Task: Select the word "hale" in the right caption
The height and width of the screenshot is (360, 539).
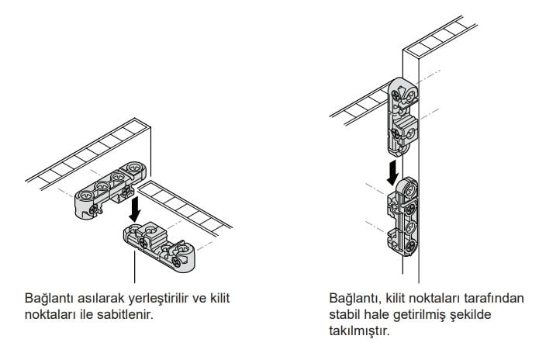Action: pos(377,313)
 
